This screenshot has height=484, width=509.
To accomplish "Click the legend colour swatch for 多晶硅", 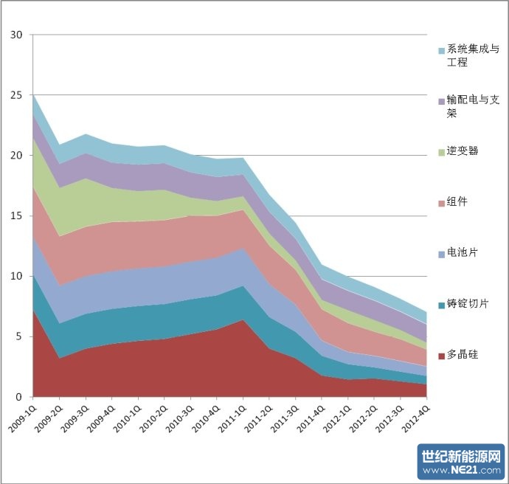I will (x=442, y=356).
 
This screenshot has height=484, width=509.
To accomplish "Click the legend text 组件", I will (x=458, y=201).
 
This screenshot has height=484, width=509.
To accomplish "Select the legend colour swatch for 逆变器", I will (x=442, y=151).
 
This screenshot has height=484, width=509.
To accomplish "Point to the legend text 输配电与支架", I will (x=473, y=106).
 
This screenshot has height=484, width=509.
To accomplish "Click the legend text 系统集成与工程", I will (x=473, y=55).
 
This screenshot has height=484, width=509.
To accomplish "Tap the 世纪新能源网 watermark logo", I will (x=460, y=456).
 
